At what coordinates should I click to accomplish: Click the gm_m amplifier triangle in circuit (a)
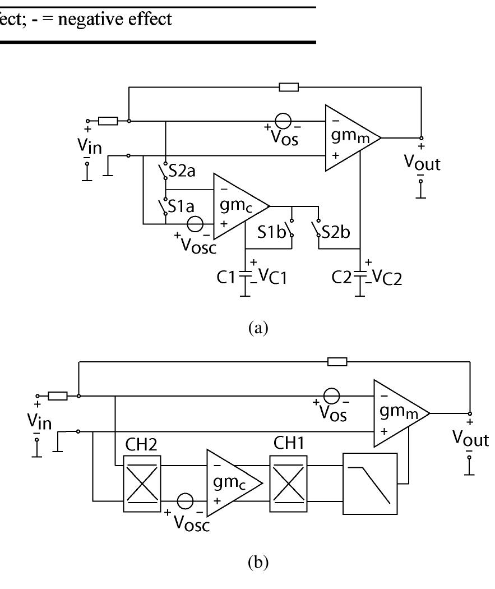pos(349,137)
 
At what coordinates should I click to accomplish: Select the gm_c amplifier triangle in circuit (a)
pos(236,206)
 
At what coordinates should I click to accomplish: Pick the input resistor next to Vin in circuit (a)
pos(108,121)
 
